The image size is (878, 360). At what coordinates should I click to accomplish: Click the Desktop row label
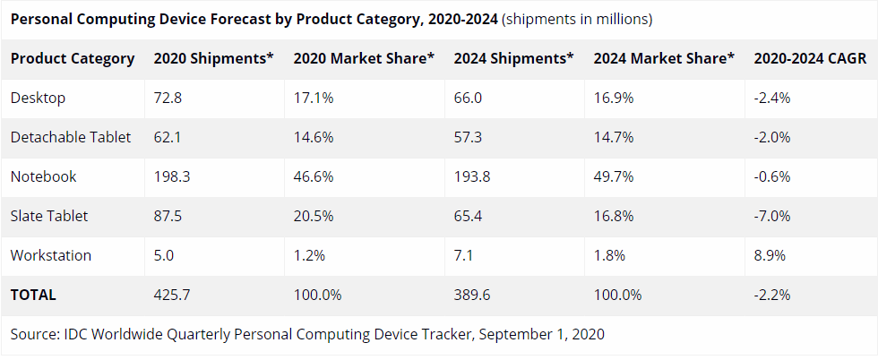coord(38,98)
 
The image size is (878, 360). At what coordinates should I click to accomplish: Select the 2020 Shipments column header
coord(214,58)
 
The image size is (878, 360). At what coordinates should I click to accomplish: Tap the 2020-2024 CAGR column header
coord(810,58)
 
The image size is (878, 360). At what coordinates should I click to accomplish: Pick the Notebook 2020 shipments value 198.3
coord(171,177)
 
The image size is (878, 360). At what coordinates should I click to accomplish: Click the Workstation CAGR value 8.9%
coord(770,255)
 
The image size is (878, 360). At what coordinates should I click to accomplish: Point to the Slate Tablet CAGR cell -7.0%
coord(772,216)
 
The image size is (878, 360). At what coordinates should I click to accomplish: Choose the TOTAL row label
coord(33,295)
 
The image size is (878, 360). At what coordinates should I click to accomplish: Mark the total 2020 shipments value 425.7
coord(171,295)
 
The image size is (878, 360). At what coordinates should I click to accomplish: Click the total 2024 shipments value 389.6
coord(472,295)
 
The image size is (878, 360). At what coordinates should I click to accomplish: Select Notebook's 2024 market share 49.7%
coord(614,177)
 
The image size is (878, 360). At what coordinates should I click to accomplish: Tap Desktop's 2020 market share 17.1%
coord(314,98)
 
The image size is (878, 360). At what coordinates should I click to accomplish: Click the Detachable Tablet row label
coord(71,137)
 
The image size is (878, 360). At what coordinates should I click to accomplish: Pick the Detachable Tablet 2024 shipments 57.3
coord(468,137)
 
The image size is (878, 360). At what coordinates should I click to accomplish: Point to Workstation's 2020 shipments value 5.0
coord(164,255)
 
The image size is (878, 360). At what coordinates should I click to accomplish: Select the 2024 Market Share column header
coord(664,58)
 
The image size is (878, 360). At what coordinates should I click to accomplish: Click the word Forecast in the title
coord(187,19)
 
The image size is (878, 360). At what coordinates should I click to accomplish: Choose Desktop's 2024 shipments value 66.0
coord(468,98)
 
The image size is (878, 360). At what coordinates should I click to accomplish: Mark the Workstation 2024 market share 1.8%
coord(609,255)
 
